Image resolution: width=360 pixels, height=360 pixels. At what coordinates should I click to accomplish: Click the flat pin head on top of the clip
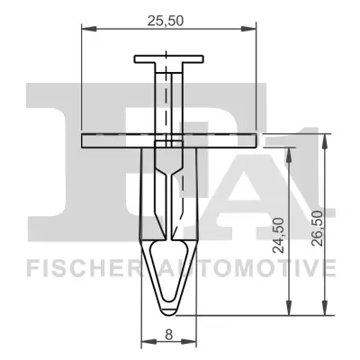point(169,60)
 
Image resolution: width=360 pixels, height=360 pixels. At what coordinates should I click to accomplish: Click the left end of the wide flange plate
point(84,139)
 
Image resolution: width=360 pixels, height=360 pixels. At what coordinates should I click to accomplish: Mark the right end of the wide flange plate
point(255,139)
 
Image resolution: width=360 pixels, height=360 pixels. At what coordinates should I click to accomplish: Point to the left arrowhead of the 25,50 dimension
point(85,29)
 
